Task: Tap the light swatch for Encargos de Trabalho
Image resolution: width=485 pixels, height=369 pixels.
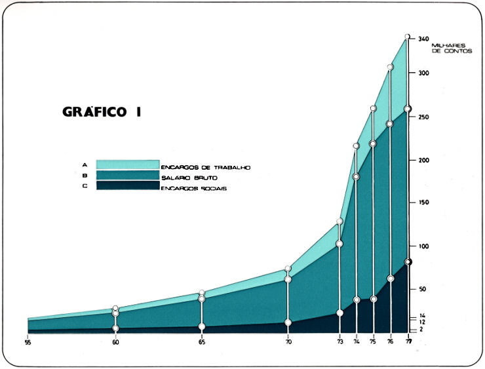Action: tap(128, 165)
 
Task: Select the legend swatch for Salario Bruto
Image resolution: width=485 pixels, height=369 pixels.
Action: tap(128, 175)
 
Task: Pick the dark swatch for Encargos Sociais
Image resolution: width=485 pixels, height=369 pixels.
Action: tap(128, 185)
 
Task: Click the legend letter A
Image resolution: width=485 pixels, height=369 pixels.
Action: tap(85, 165)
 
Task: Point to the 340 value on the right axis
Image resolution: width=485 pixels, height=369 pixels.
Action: tap(423, 39)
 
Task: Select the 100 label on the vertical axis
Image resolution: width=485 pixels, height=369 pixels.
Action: tap(423, 246)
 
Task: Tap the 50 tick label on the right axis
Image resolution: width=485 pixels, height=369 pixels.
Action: tap(423, 289)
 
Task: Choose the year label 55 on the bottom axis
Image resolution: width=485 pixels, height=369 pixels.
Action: tap(28, 341)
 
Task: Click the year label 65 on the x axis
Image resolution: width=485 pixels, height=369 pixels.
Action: tap(202, 341)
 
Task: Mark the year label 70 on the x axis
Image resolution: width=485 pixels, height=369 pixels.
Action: tap(288, 341)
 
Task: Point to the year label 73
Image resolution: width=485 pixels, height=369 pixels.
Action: tap(339, 341)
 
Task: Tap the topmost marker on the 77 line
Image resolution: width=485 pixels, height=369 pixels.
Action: tap(408, 37)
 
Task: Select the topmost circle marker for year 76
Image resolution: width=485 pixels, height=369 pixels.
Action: tap(390, 67)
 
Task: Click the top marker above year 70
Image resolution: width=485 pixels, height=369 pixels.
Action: tap(288, 269)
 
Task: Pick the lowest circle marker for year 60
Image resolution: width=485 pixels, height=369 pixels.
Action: tap(115, 328)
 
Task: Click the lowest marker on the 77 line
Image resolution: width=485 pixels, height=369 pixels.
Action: tap(408, 262)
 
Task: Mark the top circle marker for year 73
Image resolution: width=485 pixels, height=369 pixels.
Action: tap(339, 222)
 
